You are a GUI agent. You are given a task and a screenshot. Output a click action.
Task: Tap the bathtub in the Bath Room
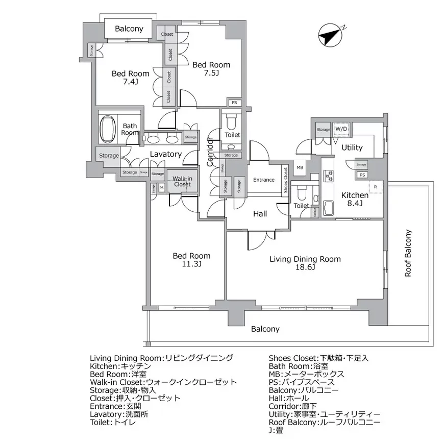pos(108,129)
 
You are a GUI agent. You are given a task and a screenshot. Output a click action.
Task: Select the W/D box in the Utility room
pos(340,129)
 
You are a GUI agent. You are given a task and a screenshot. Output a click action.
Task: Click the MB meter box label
pos(300,168)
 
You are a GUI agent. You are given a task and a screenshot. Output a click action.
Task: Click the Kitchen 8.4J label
pos(355,200)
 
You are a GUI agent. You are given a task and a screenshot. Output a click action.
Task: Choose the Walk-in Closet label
pos(182,181)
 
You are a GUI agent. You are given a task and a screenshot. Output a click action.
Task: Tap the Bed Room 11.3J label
pos(191,260)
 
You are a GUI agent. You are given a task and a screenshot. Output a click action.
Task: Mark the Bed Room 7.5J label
pos(211,69)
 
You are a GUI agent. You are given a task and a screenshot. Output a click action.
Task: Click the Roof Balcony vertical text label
pos(408,253)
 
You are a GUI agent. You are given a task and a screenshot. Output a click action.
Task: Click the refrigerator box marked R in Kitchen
pos(375,187)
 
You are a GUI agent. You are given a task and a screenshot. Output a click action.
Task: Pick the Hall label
pos(260,214)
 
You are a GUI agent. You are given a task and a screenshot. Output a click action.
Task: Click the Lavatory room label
pos(166,154)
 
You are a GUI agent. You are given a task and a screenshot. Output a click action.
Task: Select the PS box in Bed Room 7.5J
pos(234,103)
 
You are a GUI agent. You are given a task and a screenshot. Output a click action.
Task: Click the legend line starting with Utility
pos(325,414)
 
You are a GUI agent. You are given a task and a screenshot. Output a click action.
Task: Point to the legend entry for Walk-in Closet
pos(163,382)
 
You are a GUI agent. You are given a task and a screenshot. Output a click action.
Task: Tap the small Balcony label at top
pos(129,29)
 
